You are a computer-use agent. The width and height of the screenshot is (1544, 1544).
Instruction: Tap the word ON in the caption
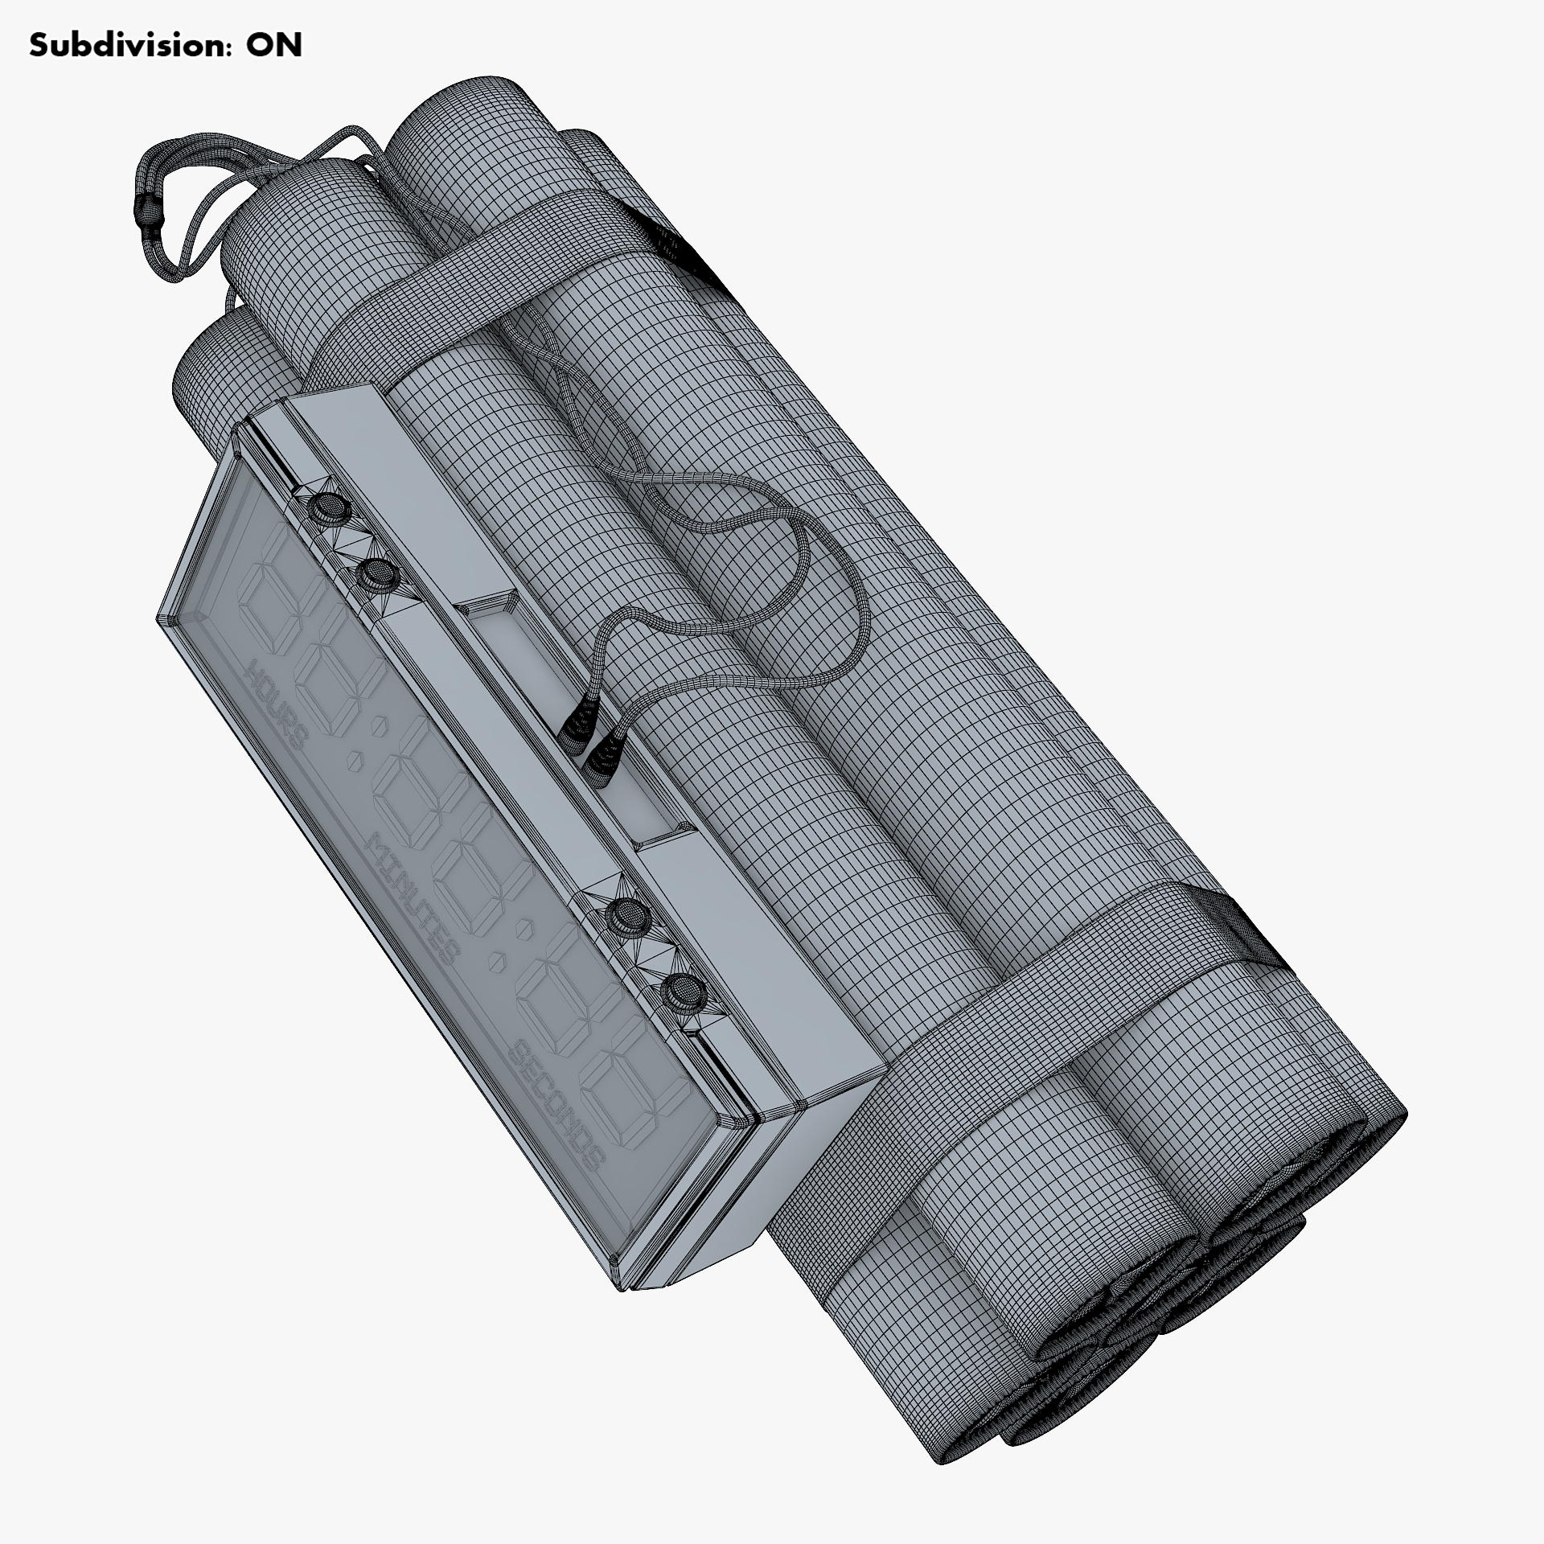point(274,46)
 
